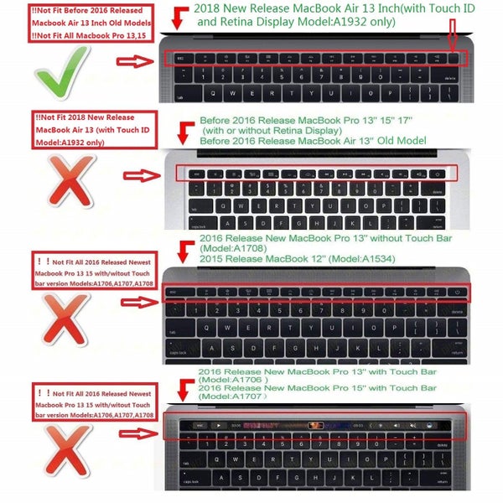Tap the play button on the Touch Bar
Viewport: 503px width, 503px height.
click(x=217, y=426)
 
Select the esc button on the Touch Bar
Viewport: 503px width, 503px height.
click(x=197, y=426)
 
